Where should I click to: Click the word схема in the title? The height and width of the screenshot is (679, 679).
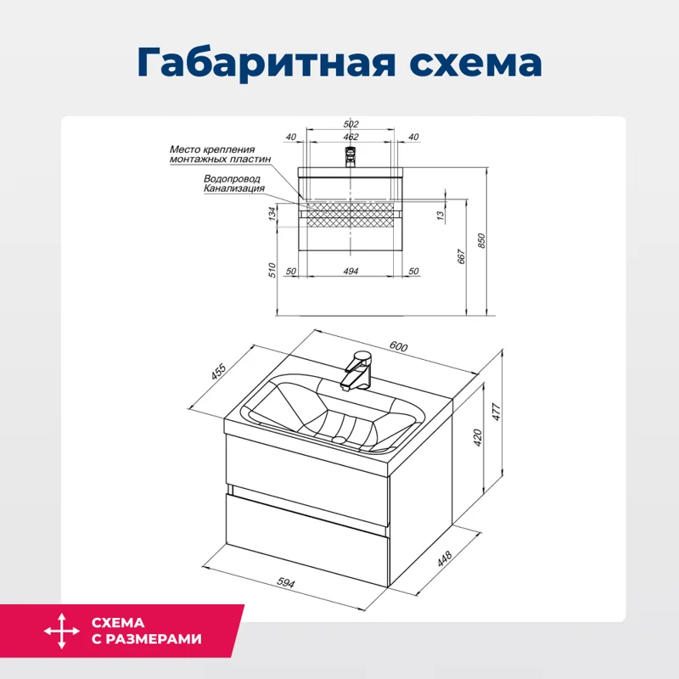tap(465, 64)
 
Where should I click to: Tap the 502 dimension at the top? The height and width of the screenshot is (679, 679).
tap(351, 125)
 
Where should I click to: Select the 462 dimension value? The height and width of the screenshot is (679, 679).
tap(351, 137)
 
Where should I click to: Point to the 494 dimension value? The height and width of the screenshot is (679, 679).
tap(351, 271)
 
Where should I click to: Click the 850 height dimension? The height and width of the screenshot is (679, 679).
tap(482, 240)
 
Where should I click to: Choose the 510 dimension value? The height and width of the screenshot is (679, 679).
tap(272, 270)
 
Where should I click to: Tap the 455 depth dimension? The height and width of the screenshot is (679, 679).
tap(218, 373)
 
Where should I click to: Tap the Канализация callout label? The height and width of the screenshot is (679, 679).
tap(234, 189)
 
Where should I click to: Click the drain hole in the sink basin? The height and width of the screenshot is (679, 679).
tap(339, 439)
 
